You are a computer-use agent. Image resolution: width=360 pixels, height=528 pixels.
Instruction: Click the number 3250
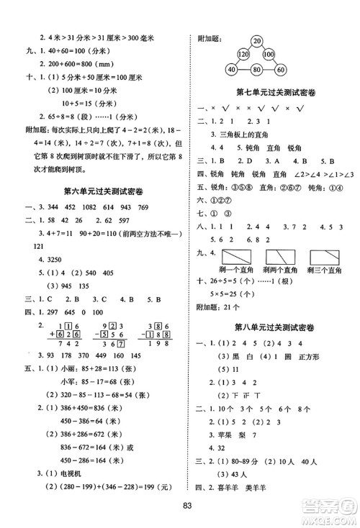(x=51, y=257)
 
